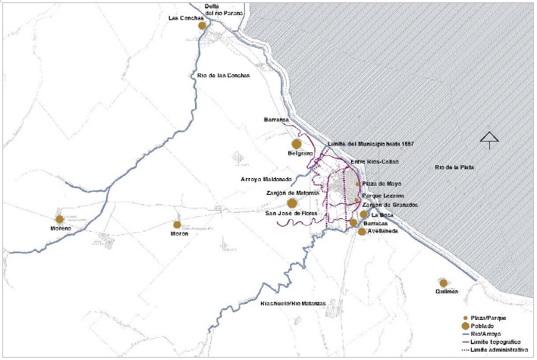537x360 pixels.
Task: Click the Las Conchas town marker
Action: [x=203, y=26]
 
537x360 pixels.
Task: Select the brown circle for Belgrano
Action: [x=297, y=144]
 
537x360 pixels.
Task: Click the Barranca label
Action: [x=278, y=119]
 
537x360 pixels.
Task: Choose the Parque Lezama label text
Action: [x=382, y=194]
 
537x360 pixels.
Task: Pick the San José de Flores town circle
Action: [x=292, y=203]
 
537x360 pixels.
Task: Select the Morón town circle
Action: [x=177, y=224]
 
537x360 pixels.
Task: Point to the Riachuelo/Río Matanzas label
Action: [x=293, y=303]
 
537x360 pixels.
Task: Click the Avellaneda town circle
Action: [x=362, y=232]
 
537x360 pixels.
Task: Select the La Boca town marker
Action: [x=364, y=214]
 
